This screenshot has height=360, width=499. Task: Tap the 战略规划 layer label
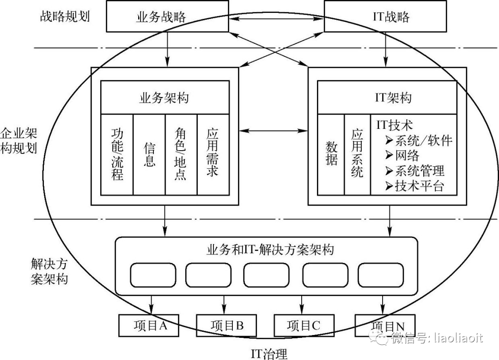click(64, 17)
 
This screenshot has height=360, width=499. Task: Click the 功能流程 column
click(117, 154)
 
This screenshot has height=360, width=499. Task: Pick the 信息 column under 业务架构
click(149, 154)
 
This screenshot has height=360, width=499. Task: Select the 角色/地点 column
click(181, 154)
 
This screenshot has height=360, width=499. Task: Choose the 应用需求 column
click(213, 154)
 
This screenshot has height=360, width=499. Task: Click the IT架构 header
click(388, 98)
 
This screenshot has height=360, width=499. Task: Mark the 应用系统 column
click(357, 154)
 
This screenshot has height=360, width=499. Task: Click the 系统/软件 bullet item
click(419, 140)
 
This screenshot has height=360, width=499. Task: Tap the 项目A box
click(149, 325)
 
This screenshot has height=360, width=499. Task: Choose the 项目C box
click(303, 325)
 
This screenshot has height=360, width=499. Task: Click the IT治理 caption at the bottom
click(269, 354)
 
